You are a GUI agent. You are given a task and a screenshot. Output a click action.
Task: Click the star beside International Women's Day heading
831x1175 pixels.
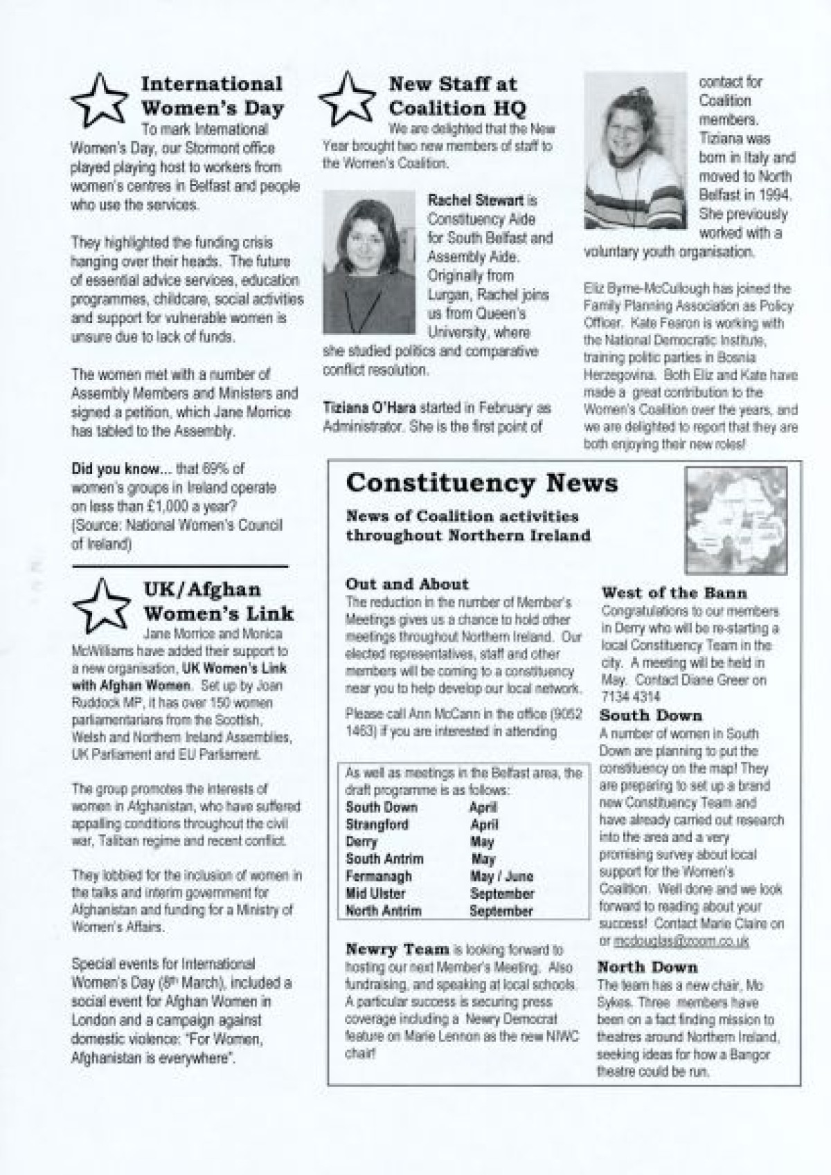[100, 101]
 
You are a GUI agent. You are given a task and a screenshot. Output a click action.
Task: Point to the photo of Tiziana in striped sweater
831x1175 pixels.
[635, 151]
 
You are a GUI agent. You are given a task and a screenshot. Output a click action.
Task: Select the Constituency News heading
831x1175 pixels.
[481, 483]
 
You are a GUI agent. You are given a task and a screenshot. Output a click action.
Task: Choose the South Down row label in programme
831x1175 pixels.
[382, 808]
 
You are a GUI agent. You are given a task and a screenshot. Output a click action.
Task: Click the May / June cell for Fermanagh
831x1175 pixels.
[501, 877]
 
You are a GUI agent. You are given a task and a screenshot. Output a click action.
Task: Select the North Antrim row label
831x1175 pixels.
[383, 911]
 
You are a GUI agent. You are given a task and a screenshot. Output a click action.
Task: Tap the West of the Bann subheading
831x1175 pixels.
[674, 593]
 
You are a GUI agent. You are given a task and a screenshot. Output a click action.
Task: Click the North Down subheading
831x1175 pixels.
[647, 967]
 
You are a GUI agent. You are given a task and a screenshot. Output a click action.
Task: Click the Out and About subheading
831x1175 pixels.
[406, 584]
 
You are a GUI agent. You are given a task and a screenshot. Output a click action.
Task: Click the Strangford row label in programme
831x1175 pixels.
[377, 825]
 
